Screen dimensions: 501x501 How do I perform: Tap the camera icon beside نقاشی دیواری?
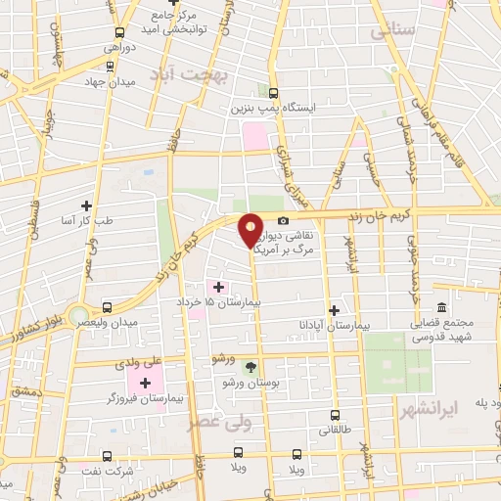(283, 221)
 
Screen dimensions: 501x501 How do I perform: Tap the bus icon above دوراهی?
(109, 33)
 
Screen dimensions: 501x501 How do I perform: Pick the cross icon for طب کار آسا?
(87, 205)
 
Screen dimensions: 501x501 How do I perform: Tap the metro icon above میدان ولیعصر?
(108, 307)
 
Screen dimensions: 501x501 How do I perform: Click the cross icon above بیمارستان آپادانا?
(335, 309)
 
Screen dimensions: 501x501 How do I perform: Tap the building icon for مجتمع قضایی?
(441, 307)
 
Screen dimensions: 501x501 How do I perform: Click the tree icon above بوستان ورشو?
(250, 367)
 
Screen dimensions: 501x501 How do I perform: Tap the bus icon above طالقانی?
(336, 415)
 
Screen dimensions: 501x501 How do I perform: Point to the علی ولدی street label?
(142, 362)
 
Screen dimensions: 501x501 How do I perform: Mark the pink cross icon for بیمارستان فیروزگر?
(147, 382)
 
